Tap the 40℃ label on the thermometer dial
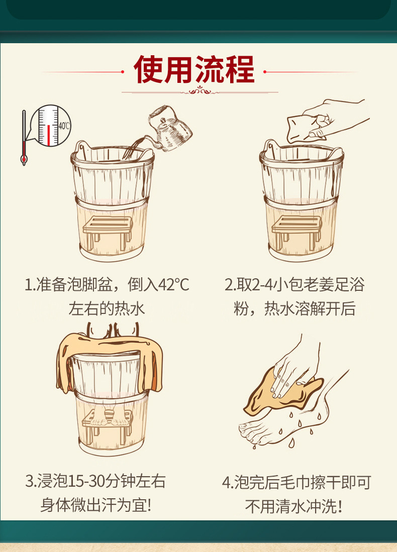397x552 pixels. [x=64, y=126]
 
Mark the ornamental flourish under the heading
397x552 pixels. [x=200, y=92]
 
